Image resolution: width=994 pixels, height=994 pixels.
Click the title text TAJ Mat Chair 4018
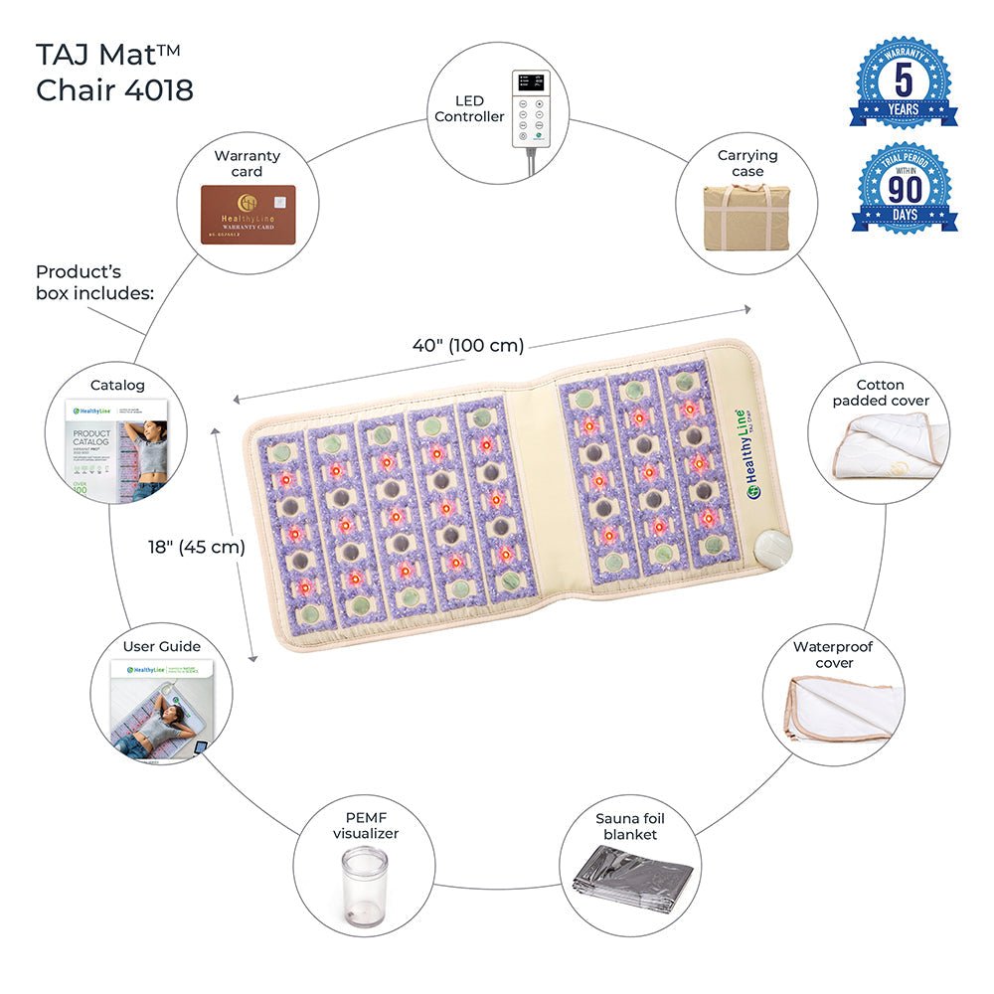click(114, 71)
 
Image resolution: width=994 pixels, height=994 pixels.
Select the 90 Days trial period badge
click(904, 188)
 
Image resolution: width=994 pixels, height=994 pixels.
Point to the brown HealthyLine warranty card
click(253, 214)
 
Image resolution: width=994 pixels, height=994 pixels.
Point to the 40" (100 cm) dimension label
click(467, 346)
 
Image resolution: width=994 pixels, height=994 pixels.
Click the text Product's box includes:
click(94, 281)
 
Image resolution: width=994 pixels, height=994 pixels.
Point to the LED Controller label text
click(470, 109)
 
